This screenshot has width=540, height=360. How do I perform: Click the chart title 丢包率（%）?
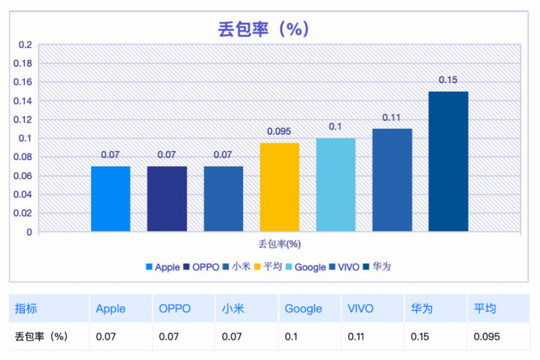(263, 28)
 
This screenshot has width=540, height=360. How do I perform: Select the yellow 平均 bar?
(279, 187)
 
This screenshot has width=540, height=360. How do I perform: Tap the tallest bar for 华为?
(448, 161)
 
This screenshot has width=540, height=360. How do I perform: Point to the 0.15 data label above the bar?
(448, 80)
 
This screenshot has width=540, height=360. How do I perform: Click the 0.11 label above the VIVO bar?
(391, 118)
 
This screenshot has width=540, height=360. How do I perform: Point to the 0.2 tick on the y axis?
(25, 45)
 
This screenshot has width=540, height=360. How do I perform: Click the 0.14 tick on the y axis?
(23, 101)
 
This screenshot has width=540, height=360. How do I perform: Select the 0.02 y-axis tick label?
(23, 213)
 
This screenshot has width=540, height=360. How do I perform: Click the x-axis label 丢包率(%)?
(279, 244)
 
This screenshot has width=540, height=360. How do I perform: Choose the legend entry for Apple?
(163, 267)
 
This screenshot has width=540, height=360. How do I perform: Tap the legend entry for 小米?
(237, 267)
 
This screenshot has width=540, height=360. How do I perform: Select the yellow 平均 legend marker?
(257, 267)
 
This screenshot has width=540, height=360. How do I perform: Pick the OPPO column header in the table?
(175, 309)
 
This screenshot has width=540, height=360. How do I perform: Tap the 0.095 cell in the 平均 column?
(487, 336)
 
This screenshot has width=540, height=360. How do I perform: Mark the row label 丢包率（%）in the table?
(42, 336)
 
